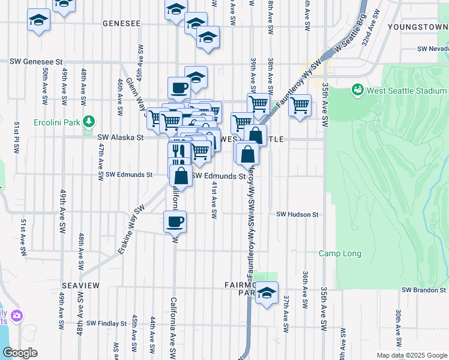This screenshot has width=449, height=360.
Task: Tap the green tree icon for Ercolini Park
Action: pyautogui.click(x=89, y=122)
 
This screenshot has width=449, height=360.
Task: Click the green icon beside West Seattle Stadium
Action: pyautogui.click(x=358, y=90)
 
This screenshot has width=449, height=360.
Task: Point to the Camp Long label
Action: pyautogui.click(x=340, y=253)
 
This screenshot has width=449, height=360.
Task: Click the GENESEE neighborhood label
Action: pyautogui.click(x=121, y=23)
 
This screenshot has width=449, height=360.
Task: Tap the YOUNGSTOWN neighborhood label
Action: pyautogui.click(x=418, y=27)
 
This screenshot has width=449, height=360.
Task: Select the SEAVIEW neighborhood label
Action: pyautogui.click(x=80, y=286)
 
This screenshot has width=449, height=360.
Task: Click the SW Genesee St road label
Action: pyautogui.click(x=37, y=61)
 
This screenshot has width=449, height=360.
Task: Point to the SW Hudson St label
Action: pyautogui.click(x=297, y=214)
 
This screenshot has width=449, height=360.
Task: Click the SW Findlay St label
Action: pyautogui.click(x=106, y=323)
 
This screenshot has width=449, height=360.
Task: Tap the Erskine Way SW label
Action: pyautogui.click(x=133, y=230)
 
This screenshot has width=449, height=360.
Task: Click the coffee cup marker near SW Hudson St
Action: pyautogui.click(x=175, y=221)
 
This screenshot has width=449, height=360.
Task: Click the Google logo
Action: pyautogui.click(x=20, y=353)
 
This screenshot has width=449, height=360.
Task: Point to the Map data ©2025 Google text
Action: pyautogui.click(x=411, y=355)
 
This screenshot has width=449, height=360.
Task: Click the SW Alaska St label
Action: pyautogui.click(x=121, y=137)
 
